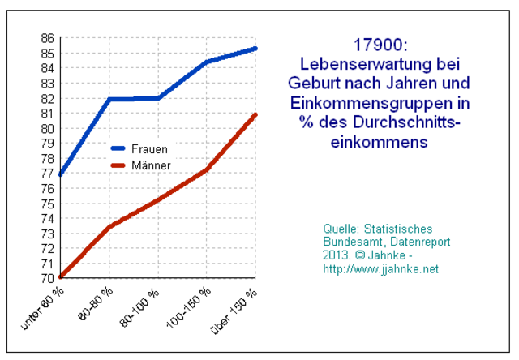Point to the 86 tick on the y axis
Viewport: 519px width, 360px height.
click(x=48, y=38)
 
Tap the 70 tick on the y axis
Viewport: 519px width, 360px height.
click(x=48, y=277)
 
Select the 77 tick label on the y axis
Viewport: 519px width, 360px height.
click(x=48, y=173)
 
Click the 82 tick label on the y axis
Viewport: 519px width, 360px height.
click(x=48, y=98)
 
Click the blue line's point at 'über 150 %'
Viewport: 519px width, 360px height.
click(x=255, y=49)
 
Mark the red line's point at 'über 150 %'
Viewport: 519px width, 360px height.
click(x=255, y=114)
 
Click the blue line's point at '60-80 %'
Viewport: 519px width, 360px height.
click(x=109, y=99)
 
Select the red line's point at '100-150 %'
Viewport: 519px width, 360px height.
click(x=207, y=169)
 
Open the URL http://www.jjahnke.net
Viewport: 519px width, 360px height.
click(x=380, y=268)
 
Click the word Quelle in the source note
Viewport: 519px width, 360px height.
click(x=340, y=229)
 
